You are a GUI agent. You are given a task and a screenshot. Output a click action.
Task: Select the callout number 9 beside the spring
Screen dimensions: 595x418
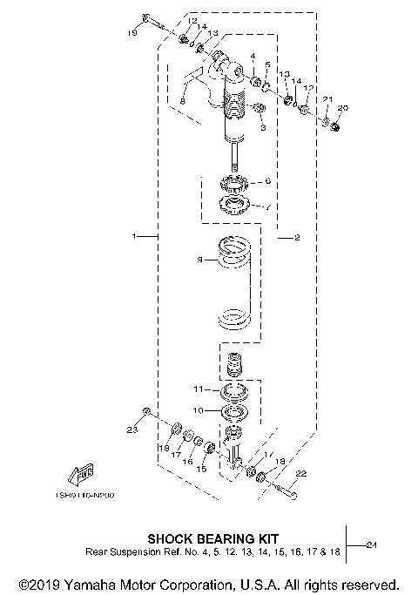199,260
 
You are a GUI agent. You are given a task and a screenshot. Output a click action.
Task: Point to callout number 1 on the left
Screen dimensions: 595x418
133,236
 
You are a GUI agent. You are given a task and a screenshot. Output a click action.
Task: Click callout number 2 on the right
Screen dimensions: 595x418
297,237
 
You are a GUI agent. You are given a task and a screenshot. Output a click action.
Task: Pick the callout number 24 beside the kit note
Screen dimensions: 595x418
372,545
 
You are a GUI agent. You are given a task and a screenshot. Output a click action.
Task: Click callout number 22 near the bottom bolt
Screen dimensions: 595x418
302,475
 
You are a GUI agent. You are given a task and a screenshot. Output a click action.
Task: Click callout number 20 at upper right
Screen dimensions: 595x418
341,108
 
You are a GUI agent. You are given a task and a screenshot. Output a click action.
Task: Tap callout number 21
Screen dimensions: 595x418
327,100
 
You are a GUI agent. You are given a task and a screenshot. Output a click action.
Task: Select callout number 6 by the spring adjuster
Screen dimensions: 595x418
268,181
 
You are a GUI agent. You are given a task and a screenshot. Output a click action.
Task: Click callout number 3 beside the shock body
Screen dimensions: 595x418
261,127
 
